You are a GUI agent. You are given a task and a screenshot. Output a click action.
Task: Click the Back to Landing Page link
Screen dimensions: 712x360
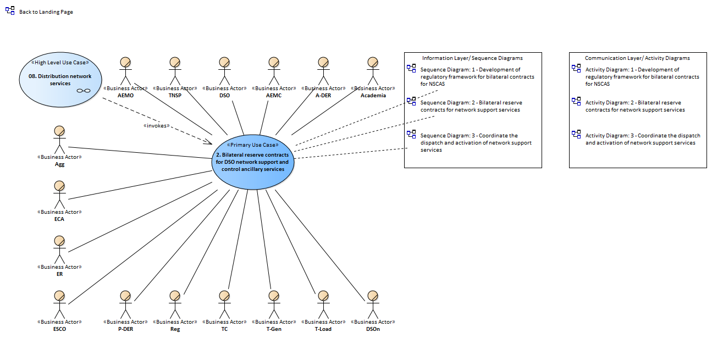click(x=46, y=12)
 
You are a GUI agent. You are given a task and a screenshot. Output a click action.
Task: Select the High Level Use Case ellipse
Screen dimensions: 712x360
click(x=60, y=80)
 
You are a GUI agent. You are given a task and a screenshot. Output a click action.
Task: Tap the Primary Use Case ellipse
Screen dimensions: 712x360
click(x=253, y=162)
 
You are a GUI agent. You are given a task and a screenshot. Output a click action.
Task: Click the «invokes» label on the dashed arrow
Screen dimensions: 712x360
click(x=156, y=125)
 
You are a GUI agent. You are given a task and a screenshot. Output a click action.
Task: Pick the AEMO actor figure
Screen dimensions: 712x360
click(x=125, y=71)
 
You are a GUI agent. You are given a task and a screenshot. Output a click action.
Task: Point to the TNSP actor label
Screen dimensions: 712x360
click(x=175, y=95)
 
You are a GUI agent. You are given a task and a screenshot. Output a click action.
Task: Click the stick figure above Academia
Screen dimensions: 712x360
click(x=373, y=71)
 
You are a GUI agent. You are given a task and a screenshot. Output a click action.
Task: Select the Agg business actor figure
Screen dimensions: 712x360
click(x=59, y=140)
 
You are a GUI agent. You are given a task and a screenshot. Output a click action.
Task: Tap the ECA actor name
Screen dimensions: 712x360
click(x=59, y=219)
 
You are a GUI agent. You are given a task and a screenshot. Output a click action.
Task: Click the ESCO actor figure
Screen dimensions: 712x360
click(x=59, y=304)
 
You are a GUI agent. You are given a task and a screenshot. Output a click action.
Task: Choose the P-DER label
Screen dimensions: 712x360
click(x=125, y=329)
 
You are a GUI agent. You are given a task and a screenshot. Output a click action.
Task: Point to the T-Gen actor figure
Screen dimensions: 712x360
click(x=274, y=304)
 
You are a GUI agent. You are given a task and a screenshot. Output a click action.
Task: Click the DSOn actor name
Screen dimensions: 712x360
click(x=373, y=329)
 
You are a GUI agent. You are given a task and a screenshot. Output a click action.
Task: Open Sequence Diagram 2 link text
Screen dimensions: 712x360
click(x=471, y=106)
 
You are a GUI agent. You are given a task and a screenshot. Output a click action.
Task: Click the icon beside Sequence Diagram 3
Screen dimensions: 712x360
click(x=411, y=134)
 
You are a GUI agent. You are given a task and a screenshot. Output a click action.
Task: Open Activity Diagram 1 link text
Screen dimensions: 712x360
click(x=642, y=76)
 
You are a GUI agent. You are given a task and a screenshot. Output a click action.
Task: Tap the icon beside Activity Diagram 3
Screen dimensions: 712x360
click(x=576, y=134)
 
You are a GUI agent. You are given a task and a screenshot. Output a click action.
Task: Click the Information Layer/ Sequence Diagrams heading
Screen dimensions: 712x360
click(x=472, y=58)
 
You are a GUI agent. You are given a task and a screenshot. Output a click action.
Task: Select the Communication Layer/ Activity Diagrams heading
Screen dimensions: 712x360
click(x=637, y=58)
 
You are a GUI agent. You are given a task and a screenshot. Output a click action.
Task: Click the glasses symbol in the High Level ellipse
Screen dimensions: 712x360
click(x=84, y=91)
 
